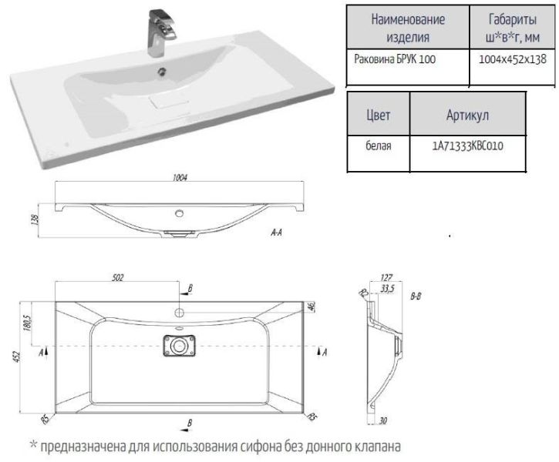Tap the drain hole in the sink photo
click(x=162, y=72)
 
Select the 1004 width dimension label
click(x=180, y=177)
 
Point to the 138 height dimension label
click(x=35, y=219)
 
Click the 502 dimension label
click(x=118, y=277)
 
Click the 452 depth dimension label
click(x=17, y=357)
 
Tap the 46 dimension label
click(x=311, y=306)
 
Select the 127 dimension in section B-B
click(x=386, y=277)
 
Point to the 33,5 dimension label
click(x=388, y=288)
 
